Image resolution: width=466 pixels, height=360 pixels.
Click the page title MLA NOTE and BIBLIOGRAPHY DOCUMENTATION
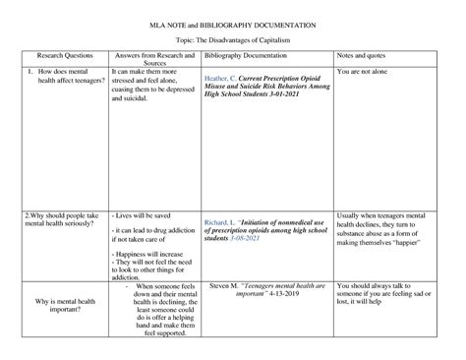[x=232, y=20]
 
